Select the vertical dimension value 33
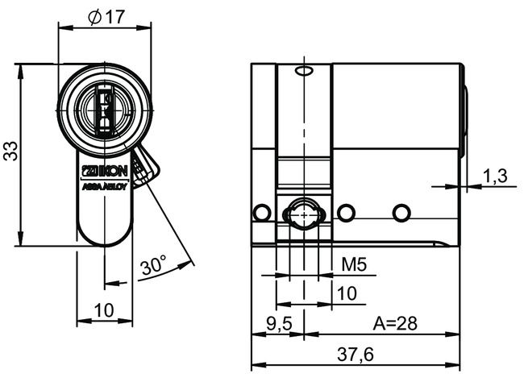pyautogui.click(x=10, y=151)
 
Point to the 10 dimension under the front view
pyautogui.click(x=104, y=310)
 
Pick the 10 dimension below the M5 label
pyautogui.click(x=347, y=293)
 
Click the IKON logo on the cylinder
pyautogui.click(x=104, y=171)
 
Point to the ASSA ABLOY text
pyautogui.click(x=104, y=184)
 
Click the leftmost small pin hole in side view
pyautogui.click(x=260, y=213)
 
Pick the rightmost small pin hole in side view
pyautogui.click(x=400, y=213)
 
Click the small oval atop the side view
pyautogui.click(x=303, y=73)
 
